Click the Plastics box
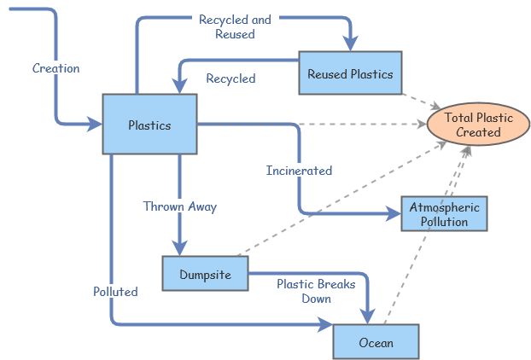(x=149, y=125)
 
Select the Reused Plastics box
(x=350, y=73)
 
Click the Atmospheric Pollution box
(x=444, y=214)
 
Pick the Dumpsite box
(x=205, y=273)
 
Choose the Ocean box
(x=376, y=342)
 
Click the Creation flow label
(x=55, y=68)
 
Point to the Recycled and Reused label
(x=235, y=26)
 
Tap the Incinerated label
(x=299, y=171)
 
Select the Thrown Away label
(x=180, y=206)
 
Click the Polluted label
(x=115, y=291)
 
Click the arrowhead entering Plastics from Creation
(x=95, y=125)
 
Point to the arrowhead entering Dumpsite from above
(x=180, y=247)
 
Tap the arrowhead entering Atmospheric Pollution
(x=394, y=212)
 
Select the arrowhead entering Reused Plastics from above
(x=350, y=44)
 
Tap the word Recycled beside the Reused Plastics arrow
(x=230, y=78)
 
